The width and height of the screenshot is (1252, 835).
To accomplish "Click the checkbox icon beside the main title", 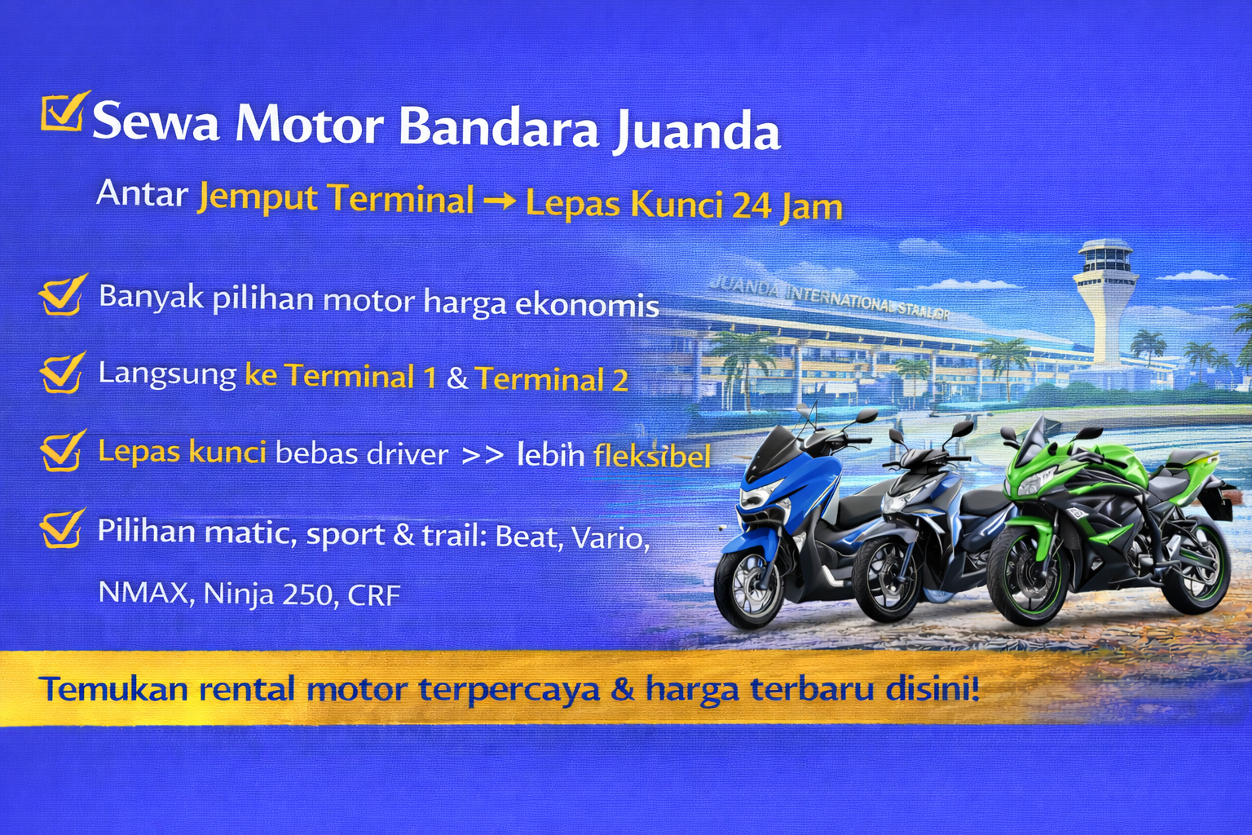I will coord(62,112).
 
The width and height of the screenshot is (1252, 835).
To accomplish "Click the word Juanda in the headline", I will coord(697,130).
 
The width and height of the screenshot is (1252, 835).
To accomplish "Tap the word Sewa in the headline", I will coord(156,122).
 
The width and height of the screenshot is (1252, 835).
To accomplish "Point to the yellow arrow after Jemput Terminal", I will coord(499,201).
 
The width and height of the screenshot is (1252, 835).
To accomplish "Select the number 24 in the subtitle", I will coord(752,205).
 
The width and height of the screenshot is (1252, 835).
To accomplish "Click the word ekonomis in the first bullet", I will coord(587,304).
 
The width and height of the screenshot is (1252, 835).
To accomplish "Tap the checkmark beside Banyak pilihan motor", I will coord(62,295).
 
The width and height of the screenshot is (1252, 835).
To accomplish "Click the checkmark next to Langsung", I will coord(62,373).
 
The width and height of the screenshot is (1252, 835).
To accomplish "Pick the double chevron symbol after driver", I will coord(483,455).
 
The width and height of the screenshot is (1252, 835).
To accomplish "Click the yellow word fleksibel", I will coord(652,456).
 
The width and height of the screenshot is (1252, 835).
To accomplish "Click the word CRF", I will coord(374,596).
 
